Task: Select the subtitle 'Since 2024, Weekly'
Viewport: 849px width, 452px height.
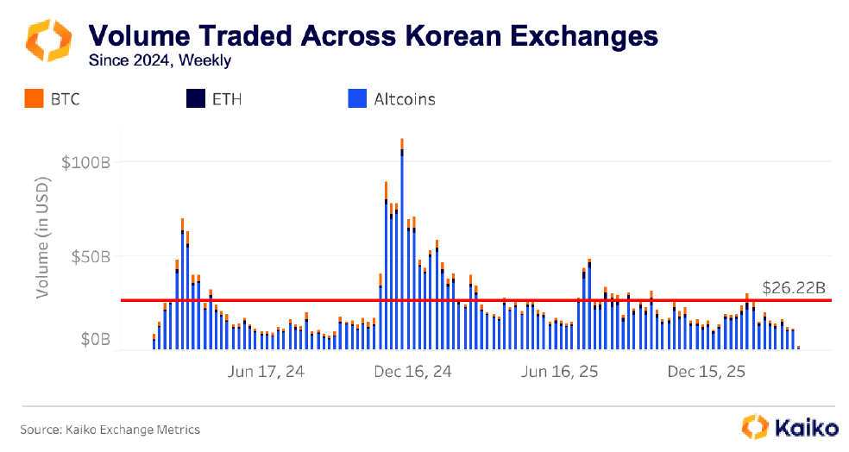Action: [160, 60]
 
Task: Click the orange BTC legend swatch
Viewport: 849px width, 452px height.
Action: [34, 99]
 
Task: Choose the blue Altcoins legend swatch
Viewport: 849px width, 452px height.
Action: [356, 99]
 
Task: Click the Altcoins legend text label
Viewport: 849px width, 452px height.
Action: [404, 99]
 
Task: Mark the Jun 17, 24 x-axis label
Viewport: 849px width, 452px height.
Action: [265, 372]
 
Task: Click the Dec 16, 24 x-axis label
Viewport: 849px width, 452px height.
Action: [412, 372]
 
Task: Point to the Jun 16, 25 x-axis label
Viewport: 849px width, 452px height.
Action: [560, 372]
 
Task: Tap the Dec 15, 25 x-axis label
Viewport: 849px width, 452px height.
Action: [707, 372]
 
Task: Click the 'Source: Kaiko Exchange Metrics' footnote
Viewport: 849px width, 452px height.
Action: [110, 429]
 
